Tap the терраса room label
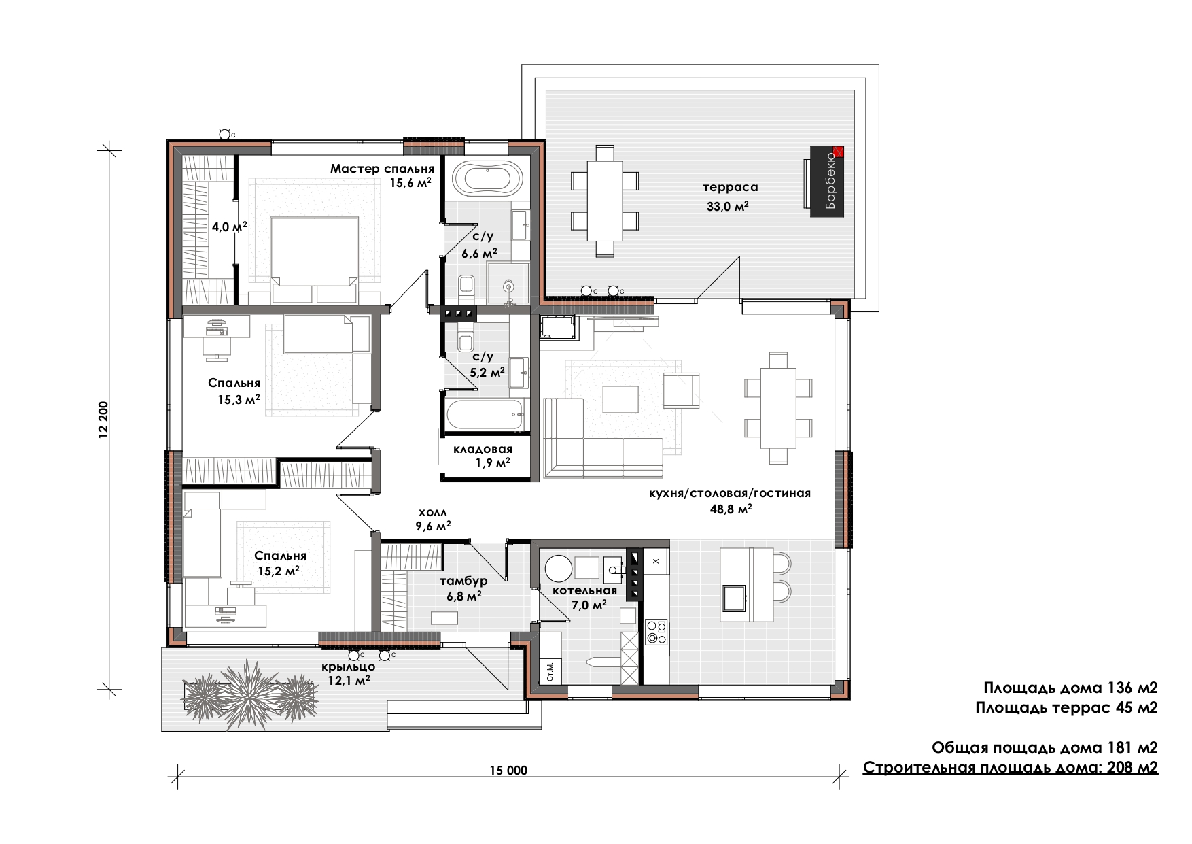pos(731,187)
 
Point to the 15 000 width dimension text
pos(508,771)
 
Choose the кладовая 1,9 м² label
pos(483,456)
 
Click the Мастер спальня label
pos(382,169)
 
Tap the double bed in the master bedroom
pos(314,260)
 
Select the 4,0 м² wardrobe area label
pos(229,227)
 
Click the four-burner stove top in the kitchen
pos(656,631)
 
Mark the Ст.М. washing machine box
pos(550,671)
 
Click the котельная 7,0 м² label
pos(584,597)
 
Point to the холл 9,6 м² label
pos(433,519)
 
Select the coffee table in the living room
pos(620,399)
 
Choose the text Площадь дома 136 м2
pos(1070,688)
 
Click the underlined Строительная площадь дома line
pos(1011,768)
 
